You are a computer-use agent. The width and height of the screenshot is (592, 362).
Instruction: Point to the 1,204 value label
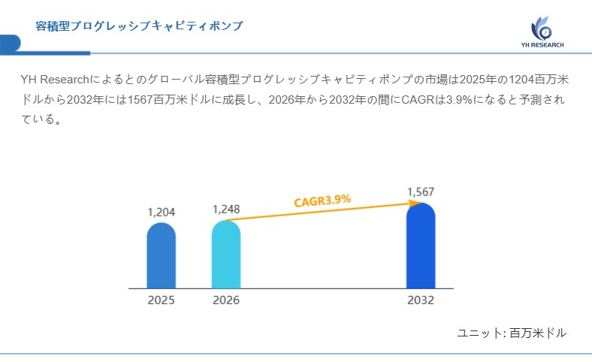[x=161, y=213]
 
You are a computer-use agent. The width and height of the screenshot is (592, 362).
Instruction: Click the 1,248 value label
[x=226, y=209]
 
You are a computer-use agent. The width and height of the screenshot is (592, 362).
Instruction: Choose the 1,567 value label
[x=421, y=192]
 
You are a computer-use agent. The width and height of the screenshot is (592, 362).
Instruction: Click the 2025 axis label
[x=161, y=300]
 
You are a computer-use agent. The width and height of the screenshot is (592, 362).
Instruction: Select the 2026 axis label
[x=226, y=300]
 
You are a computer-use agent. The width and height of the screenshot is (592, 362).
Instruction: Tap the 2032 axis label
[x=421, y=300]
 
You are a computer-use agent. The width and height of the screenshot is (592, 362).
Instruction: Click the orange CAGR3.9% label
[x=322, y=201]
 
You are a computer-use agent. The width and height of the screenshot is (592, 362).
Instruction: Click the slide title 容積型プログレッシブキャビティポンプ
[x=139, y=26]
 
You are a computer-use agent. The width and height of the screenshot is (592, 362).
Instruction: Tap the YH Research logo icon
[x=542, y=29]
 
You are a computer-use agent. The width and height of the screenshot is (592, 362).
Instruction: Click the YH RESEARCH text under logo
[x=542, y=45]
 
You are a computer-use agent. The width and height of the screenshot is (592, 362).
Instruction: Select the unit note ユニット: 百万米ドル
[x=512, y=333]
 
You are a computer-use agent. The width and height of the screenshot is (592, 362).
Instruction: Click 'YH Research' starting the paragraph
[x=55, y=80]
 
